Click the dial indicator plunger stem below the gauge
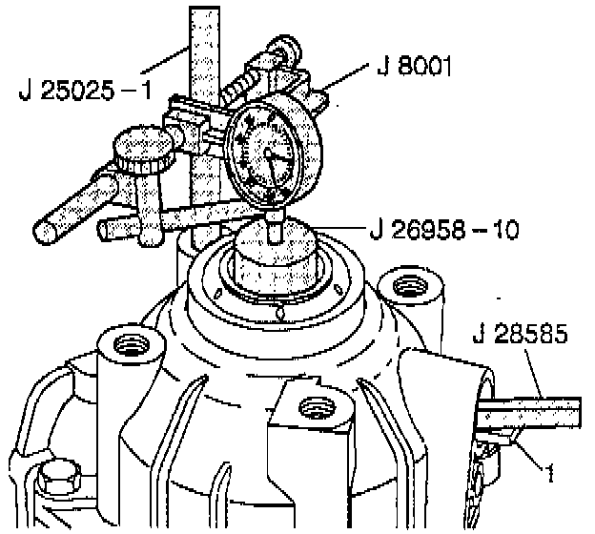[x=275, y=227]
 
